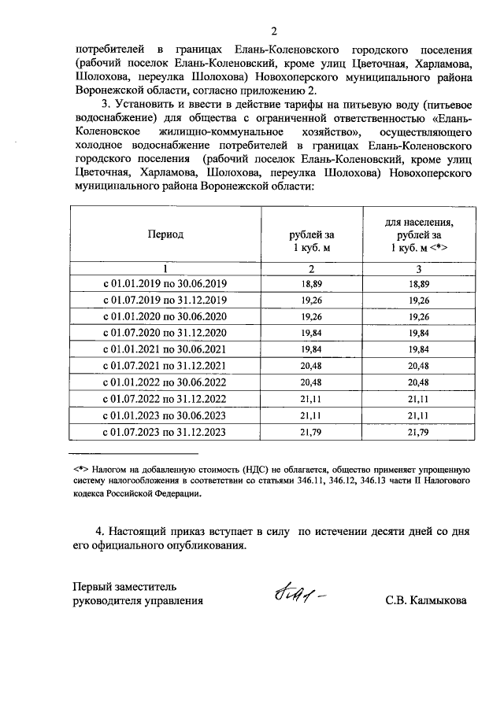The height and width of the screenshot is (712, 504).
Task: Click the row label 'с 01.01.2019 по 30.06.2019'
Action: pos(164,284)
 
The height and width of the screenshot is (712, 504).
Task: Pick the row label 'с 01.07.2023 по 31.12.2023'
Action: pos(164,432)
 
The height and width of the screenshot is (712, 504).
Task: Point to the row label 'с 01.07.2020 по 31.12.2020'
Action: pos(164,334)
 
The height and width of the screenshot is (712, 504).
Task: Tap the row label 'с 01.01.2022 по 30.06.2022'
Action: pos(164,382)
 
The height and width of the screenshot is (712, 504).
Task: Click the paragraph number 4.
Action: pos(98,532)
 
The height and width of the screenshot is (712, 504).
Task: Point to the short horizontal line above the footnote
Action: pos(133,453)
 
